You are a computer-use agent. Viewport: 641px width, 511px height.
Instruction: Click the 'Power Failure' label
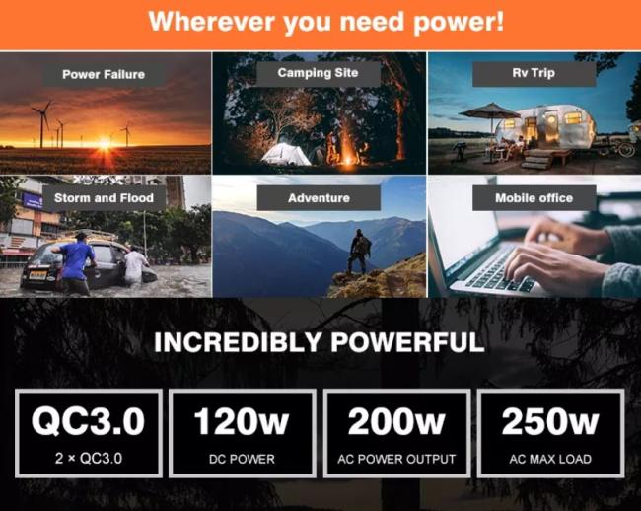coord(104,74)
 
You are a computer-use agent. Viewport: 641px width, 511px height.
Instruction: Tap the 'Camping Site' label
coord(319,73)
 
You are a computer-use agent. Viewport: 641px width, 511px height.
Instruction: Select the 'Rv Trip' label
coord(534,73)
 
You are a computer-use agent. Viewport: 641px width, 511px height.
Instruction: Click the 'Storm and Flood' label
coord(104,198)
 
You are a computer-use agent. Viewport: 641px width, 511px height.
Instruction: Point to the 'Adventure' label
coord(319,198)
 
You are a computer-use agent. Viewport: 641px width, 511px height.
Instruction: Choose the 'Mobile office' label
coord(534,198)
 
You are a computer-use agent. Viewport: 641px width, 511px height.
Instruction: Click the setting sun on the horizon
coord(105,143)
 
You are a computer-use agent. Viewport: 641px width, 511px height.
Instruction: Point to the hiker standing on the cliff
coord(359,252)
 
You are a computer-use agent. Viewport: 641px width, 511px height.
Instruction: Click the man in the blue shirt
coord(76,262)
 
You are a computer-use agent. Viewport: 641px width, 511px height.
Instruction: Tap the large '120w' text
coord(242,421)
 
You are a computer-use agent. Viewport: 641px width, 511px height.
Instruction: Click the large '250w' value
coord(550,421)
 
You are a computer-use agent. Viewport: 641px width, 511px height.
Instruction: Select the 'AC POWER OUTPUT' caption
coord(396,459)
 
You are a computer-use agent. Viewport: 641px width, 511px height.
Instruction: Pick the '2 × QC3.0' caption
coord(89,459)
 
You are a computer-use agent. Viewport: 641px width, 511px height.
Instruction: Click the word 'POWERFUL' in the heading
coord(407,342)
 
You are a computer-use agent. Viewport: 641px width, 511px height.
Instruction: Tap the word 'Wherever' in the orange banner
coord(211,22)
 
